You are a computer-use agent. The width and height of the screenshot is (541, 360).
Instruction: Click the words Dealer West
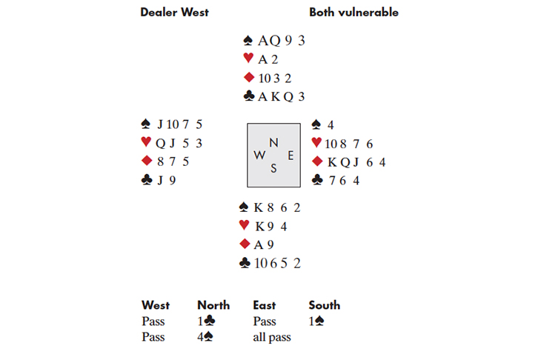point(174,13)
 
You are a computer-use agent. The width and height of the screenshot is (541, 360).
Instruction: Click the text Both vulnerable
point(354,13)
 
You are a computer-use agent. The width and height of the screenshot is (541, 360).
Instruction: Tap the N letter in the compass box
point(273,142)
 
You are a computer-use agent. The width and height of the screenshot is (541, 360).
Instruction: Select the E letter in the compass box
point(291,156)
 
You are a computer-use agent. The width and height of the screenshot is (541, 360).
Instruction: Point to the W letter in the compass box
point(259,155)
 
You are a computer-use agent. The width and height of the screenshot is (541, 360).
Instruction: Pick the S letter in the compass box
point(273,168)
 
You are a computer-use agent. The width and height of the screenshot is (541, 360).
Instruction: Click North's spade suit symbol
point(248,41)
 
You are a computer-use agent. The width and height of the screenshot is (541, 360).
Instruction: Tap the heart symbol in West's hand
point(146,141)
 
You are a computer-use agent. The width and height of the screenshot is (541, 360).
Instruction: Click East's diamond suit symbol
point(317,161)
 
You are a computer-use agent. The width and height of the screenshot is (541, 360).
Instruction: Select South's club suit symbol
point(245,263)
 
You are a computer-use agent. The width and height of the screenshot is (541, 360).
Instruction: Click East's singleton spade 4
point(331,125)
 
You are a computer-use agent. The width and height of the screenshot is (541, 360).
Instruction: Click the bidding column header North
point(213,305)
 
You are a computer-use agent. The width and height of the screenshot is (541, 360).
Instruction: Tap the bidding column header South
point(325,305)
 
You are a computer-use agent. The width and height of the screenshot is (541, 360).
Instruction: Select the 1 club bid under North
point(206,321)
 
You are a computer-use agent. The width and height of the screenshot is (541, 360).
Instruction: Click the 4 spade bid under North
point(205,336)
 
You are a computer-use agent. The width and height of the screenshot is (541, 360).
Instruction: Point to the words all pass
point(272,337)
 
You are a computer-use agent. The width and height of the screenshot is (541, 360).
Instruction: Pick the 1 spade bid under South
point(316,321)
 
